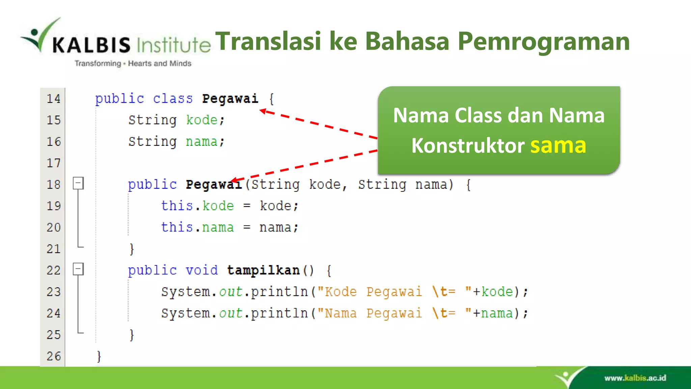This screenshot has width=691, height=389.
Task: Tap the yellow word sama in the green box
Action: pyautogui.click(x=558, y=146)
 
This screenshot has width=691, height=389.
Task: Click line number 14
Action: pyautogui.click(x=53, y=99)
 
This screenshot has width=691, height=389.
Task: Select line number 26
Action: pyautogui.click(x=53, y=356)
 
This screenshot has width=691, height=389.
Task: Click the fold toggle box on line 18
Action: pyautogui.click(x=78, y=183)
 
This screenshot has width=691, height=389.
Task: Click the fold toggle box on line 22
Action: pyautogui.click(x=78, y=269)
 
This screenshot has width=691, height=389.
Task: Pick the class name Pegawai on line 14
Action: pyautogui.click(x=230, y=99)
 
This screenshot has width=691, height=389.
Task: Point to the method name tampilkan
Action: pyautogui.click(x=263, y=270)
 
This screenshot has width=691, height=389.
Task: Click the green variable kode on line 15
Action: pyautogui.click(x=202, y=120)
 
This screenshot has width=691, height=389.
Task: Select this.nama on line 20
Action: pyautogui.click(x=197, y=227)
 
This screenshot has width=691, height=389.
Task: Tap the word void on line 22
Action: pyautogui.click(x=202, y=270)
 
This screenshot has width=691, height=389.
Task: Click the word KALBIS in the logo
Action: pyautogui.click(x=91, y=45)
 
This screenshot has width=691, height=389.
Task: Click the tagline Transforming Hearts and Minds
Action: pyautogui.click(x=133, y=63)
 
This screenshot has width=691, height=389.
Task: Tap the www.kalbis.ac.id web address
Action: pyautogui.click(x=635, y=378)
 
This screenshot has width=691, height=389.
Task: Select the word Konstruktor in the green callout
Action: pyautogui.click(x=468, y=146)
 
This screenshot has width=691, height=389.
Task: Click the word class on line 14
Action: pyautogui.click(x=173, y=99)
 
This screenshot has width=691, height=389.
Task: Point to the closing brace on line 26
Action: pyautogui.click(x=99, y=356)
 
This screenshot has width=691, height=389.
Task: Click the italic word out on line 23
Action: pyautogui.click(x=231, y=292)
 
